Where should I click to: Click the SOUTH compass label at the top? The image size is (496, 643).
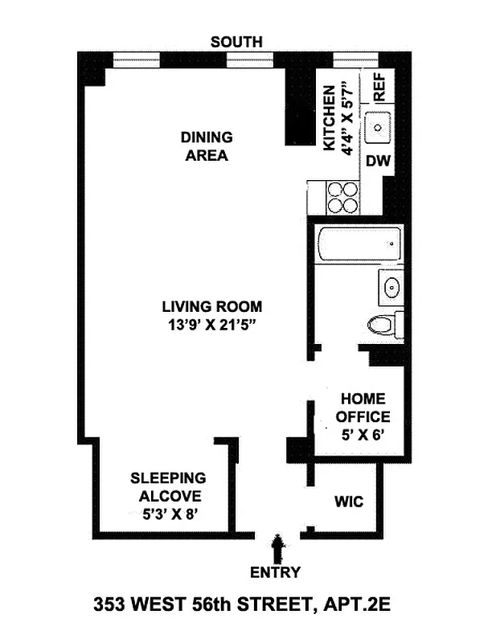tap(236, 42)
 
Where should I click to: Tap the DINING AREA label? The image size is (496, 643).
tap(207, 146)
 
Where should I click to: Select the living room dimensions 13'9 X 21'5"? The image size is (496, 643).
tap(211, 325)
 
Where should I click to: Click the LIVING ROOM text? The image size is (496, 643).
tap(211, 307)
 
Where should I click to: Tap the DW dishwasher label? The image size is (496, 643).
tap(378, 161)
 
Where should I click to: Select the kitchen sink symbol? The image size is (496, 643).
tap(377, 127)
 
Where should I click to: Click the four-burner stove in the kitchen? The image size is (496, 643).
tap(342, 197)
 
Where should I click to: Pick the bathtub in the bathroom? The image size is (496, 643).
tap(358, 244)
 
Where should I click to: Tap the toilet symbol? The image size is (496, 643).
tap(383, 324)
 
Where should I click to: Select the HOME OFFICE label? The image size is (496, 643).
tap(363, 408)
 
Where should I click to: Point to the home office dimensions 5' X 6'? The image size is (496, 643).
tap(363, 435)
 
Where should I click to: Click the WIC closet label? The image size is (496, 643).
tap(348, 502)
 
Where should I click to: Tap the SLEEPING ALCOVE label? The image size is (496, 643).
tap(168, 487)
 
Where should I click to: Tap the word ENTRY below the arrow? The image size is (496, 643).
tap(276, 572)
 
